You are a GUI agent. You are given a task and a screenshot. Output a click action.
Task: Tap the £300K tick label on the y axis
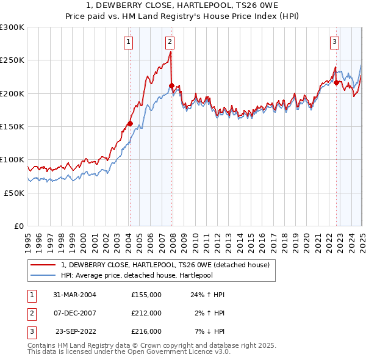pos(13,27)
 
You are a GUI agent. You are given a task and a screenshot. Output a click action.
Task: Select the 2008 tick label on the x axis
pos(173,239)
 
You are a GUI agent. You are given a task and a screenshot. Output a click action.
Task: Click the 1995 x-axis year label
pos(28,239)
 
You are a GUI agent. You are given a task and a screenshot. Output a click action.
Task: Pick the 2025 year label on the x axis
pos(362,239)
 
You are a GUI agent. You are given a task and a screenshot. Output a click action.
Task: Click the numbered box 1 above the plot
pos(129,42)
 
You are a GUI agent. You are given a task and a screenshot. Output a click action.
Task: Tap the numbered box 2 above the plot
pos(169,42)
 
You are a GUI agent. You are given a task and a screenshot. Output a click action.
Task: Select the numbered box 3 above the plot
pos(335,42)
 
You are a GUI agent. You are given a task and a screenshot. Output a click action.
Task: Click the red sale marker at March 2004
pos(130,124)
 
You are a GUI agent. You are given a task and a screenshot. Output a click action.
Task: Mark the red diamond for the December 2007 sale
pos(171,86)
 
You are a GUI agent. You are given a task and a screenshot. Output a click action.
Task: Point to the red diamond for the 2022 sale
pos(337,82)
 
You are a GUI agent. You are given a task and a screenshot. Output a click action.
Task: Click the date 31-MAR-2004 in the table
pos(75,295)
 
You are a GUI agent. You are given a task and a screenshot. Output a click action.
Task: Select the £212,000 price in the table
pos(146,313)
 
